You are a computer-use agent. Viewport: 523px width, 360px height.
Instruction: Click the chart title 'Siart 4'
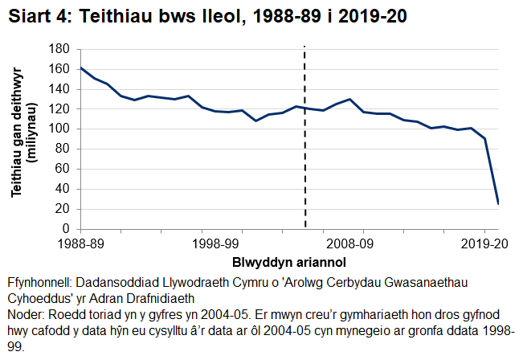36,16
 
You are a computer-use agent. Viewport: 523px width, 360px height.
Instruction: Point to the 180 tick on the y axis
62,49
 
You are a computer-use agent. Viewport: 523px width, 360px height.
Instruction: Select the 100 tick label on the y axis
62,129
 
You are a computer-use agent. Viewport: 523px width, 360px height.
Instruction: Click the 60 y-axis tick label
64,169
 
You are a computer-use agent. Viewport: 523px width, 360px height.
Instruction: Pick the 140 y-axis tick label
62,88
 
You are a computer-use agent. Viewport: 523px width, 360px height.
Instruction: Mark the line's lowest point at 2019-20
498,203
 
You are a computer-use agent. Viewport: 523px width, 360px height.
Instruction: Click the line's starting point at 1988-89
80,67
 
